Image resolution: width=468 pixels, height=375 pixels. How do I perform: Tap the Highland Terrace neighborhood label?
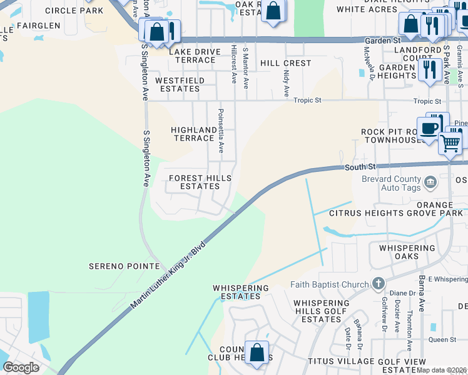click(194, 134)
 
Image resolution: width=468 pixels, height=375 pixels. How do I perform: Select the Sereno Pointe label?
click(124, 266)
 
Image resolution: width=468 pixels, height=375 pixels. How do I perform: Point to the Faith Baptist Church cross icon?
click(378, 284)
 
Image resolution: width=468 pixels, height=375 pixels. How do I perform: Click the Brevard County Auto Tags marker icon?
click(430, 183)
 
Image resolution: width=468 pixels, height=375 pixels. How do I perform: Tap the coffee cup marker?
click(429, 129)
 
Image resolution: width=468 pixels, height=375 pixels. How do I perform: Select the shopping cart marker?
click(450, 144)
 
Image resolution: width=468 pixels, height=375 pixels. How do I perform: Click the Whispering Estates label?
click(240, 292)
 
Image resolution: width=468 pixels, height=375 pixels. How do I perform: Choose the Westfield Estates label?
click(178, 84)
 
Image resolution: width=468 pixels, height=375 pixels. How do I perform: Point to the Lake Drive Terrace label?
click(194, 56)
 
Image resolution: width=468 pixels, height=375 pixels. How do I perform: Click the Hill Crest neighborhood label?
click(285, 63)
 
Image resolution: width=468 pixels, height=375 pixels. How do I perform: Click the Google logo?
click(21, 367)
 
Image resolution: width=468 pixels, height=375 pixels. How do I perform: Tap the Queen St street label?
click(442, 339)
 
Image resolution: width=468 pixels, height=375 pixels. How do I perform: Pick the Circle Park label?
click(74, 11)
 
